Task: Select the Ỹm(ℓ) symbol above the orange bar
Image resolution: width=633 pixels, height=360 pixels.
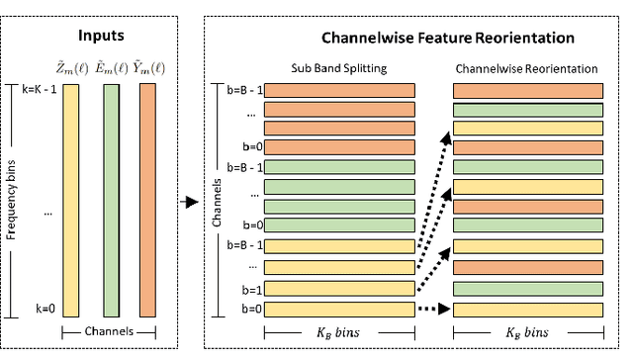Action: pyautogui.click(x=148, y=68)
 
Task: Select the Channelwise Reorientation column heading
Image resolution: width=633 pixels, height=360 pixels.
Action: pyautogui.click(x=527, y=68)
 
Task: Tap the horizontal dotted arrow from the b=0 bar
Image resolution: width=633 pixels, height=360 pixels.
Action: pyautogui.click(x=434, y=311)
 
